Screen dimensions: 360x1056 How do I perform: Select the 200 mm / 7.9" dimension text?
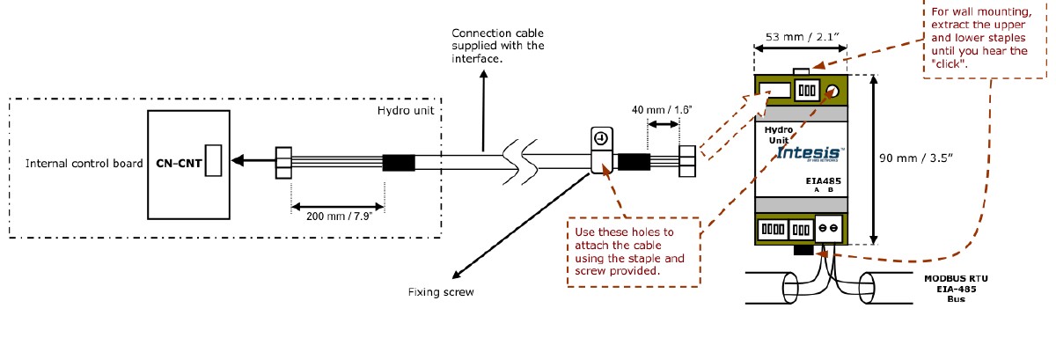point(337,214)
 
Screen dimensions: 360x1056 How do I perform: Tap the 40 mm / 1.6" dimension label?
point(662,110)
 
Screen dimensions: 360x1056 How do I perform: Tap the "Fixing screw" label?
point(441,291)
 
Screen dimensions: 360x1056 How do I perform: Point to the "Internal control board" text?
point(84,163)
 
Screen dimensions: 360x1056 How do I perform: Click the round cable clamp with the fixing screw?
point(599,140)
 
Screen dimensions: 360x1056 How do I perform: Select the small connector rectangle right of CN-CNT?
point(212,161)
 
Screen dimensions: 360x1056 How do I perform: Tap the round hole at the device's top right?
point(832,91)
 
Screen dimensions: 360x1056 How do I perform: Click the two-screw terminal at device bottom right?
point(828,228)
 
